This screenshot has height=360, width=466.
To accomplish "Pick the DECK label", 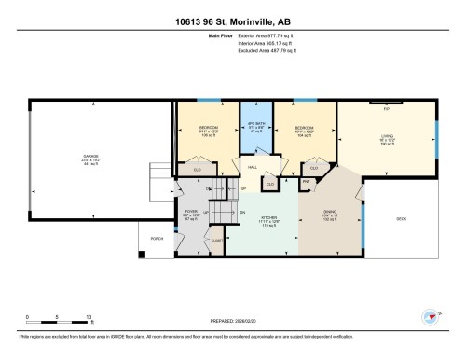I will tap(402, 219).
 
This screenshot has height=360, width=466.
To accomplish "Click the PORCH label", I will tap(157, 240).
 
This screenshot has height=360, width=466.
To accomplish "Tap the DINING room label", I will tap(330, 212).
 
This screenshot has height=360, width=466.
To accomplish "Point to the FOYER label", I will tap(191, 212).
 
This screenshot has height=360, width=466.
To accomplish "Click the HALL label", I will tap(253, 167).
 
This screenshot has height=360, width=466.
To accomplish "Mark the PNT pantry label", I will tap(307, 181).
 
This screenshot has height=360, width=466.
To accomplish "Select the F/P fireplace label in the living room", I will tap(386, 109).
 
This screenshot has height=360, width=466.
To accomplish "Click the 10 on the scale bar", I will tap(88, 317).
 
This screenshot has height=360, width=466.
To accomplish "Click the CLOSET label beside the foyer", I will tap(216, 240).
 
